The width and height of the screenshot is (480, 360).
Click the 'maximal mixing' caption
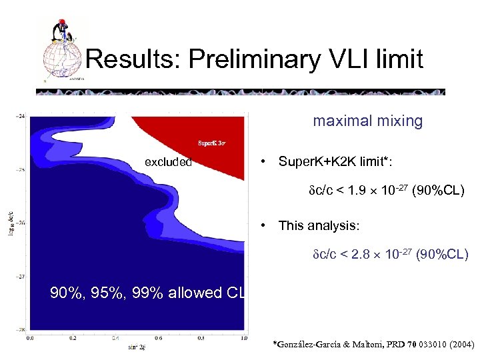tap(368, 121)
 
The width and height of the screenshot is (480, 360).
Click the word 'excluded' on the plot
tap(169, 162)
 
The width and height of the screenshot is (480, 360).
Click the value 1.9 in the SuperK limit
tap(357, 192)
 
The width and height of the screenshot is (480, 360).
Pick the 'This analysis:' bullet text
tap(319, 225)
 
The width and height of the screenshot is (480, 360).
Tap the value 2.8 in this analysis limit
tap(363, 255)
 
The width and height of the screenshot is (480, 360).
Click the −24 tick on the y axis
tap(20, 116)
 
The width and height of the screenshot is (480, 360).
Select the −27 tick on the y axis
tap(20, 275)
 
